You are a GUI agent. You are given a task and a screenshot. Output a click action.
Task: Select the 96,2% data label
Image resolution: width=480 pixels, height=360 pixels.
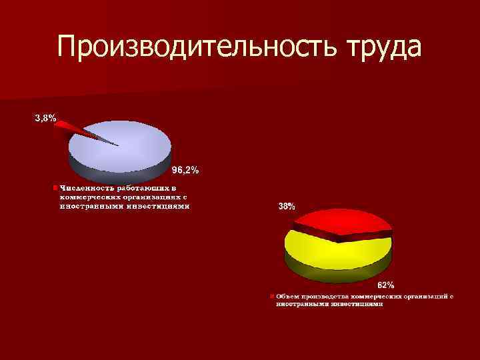pyautogui.click(x=185, y=171)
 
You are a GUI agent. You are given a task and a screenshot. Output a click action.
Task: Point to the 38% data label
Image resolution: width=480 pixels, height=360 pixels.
pyautogui.click(x=287, y=207)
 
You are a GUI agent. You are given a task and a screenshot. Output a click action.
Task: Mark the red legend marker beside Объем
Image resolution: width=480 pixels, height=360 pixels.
pyautogui.click(x=272, y=295)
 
